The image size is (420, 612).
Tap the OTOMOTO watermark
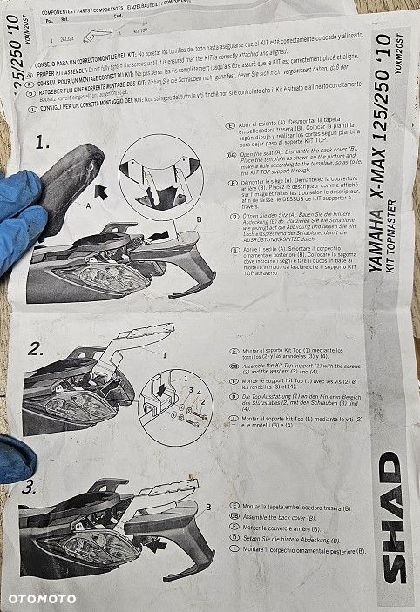pyautogui.click(x=42, y=599)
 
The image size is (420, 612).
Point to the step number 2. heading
pyautogui.click(x=37, y=350)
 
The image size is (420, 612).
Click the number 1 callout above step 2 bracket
pyautogui.click(x=162, y=355)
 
